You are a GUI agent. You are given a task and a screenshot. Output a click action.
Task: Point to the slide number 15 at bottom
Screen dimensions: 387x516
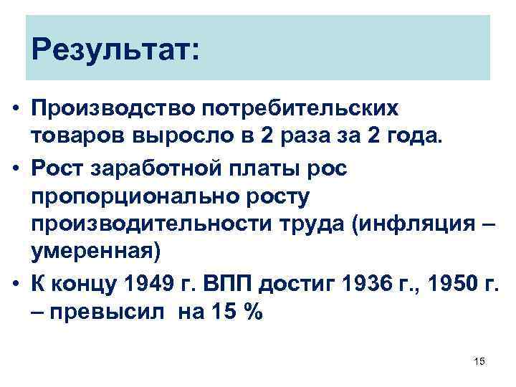tap(479, 362)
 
